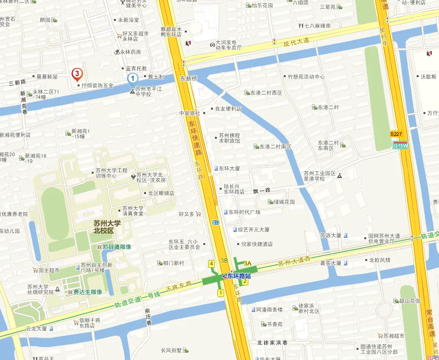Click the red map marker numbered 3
click(x=77, y=74)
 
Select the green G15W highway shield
click(x=401, y=145)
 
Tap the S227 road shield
click(x=396, y=133)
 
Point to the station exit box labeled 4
click(x=211, y=263)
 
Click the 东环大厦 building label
click(x=229, y=168)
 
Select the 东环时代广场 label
click(x=244, y=212)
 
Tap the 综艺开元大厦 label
click(x=253, y=229)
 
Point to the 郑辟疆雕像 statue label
click(x=116, y=246)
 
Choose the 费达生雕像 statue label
click(x=87, y=292)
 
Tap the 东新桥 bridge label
click(x=189, y=78)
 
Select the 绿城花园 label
click(x=284, y=202)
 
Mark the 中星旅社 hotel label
click(x=190, y=113)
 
